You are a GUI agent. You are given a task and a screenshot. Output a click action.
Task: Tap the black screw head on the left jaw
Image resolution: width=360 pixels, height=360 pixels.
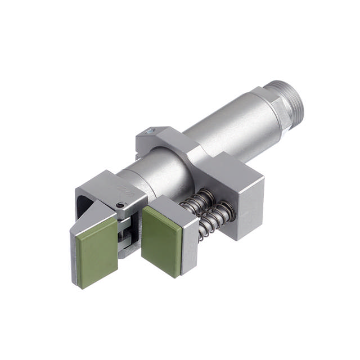pyautogui.click(x=120, y=206)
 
